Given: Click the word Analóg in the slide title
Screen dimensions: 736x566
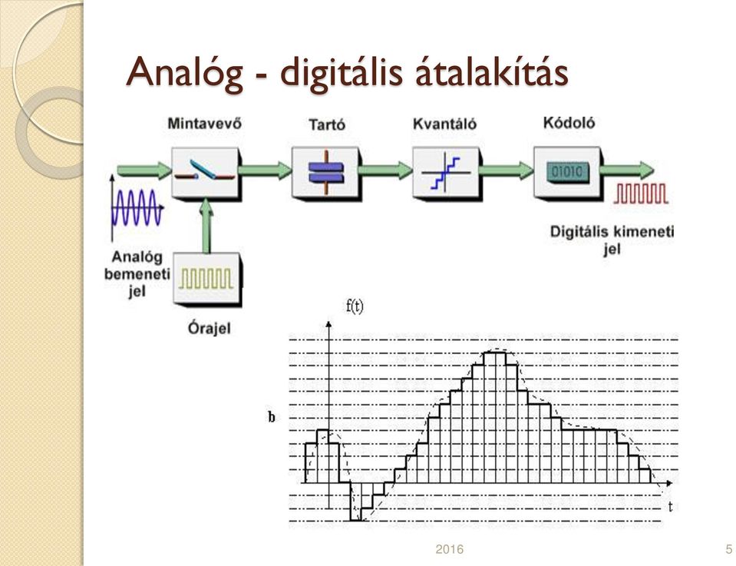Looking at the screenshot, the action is [184, 73].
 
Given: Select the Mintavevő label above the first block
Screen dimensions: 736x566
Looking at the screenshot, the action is [205, 123].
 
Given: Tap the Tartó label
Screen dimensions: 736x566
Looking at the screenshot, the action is [327, 124].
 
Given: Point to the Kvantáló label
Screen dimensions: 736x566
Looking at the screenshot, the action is [444, 124].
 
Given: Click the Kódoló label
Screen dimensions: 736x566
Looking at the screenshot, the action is [569, 123].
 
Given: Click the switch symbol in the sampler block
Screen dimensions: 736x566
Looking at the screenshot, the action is [205, 171].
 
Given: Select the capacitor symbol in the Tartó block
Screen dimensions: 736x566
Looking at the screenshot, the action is [326, 172].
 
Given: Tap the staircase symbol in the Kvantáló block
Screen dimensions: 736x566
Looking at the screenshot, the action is [445, 173].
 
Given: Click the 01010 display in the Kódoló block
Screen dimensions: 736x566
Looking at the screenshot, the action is [567, 172].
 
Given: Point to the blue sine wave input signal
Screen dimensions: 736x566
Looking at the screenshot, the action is [137, 207].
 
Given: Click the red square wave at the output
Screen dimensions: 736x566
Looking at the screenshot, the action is [641, 194].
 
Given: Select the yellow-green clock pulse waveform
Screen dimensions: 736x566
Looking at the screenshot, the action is [206, 279].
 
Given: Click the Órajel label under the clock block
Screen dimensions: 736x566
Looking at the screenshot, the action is [209, 327].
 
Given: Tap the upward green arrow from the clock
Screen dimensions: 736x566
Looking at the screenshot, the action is [206, 227].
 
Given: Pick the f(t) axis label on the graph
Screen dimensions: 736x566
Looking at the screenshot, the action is [355, 306].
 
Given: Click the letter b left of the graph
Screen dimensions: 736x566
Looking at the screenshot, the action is [272, 417].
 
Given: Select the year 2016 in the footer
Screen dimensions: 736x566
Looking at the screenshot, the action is [449, 549].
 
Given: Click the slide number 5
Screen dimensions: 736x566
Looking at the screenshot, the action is [728, 549].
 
